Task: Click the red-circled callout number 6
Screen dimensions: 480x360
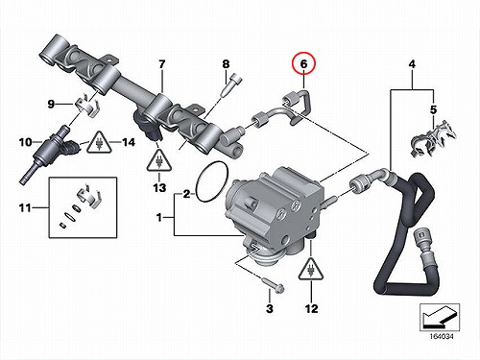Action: click(303, 64)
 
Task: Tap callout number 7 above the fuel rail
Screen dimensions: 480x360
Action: click(162, 64)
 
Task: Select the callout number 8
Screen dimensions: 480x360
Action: click(226, 64)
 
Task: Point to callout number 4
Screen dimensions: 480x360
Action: click(412, 64)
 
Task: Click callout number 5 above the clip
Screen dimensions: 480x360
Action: click(433, 109)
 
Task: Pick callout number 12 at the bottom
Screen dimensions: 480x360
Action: click(311, 309)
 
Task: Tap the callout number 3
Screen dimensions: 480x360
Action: click(270, 309)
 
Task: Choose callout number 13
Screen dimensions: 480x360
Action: click(159, 188)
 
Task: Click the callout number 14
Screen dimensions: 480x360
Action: click(129, 142)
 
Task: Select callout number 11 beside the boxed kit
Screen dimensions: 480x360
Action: click(25, 208)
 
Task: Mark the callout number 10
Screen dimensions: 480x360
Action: click(26, 142)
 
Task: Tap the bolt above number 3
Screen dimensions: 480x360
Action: click(274, 285)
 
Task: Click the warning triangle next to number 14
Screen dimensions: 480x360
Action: click(100, 143)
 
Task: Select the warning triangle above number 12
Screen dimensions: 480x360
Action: click(311, 269)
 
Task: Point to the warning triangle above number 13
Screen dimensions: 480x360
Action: click(159, 161)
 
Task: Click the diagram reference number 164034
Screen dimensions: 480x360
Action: click(442, 337)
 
